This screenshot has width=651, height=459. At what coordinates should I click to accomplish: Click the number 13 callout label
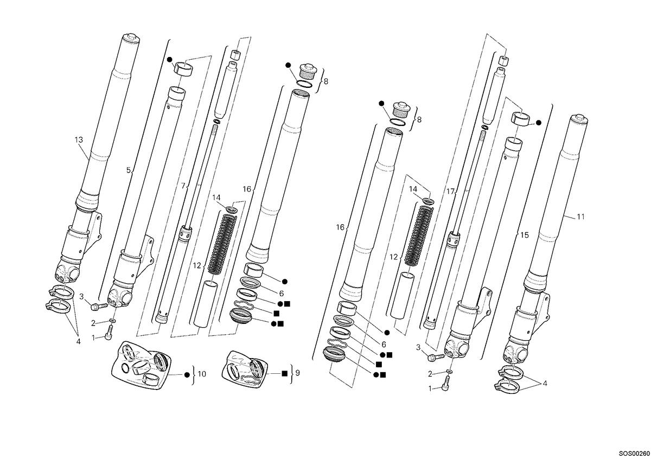pos(79,140)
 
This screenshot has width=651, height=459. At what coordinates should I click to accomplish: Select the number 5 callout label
pos(129,170)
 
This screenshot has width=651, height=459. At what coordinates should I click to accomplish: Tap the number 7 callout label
pos(183,186)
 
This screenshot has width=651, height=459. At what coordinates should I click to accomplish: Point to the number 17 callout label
pos(450,192)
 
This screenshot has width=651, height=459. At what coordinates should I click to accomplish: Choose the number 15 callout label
pos(525,235)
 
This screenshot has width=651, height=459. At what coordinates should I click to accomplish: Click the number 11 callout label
pos(580,216)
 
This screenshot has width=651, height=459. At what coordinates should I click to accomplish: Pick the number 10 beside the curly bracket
pos(202,374)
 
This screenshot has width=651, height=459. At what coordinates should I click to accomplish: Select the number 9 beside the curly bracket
pos(297,373)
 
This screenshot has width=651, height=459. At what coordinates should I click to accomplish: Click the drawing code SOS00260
pos(634,454)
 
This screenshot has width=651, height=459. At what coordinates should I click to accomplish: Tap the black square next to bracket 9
pos(284,373)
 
